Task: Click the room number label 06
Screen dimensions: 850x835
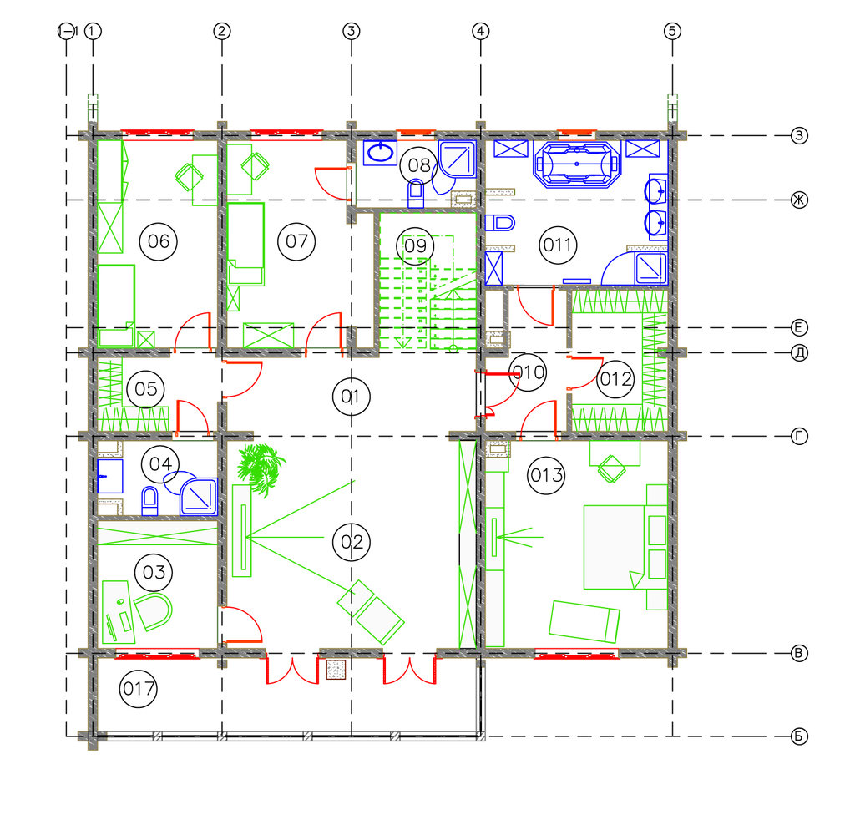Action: tap(159, 241)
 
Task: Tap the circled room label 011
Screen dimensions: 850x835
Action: tap(558, 245)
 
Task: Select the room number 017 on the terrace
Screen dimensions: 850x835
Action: tap(139, 689)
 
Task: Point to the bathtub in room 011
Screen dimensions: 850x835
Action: tap(577, 164)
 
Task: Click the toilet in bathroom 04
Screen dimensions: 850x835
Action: tap(149, 500)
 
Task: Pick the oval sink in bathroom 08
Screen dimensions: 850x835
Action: tap(381, 152)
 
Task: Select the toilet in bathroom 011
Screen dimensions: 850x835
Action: tap(499, 223)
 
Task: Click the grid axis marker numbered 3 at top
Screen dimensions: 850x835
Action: tap(352, 31)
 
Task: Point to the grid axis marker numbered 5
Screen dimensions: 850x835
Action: tap(672, 31)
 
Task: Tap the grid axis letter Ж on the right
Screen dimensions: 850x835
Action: tap(799, 200)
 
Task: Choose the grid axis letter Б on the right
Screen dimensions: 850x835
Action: tap(799, 736)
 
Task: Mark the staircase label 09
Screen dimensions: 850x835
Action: tap(415, 246)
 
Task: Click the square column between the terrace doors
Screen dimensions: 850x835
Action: tap(336, 671)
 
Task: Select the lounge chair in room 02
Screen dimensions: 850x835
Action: tap(371, 612)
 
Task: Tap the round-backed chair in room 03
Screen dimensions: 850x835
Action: tap(154, 611)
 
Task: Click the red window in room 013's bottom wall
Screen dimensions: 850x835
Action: tap(576, 655)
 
